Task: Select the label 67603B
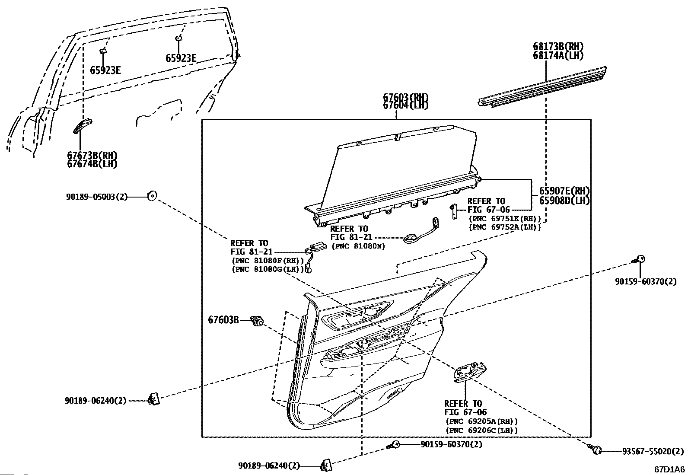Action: pos(223,320)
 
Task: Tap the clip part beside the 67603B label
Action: pos(258,321)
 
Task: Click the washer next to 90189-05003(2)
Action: pos(152,196)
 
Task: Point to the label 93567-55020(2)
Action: pos(653,451)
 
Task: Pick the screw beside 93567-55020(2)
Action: pos(595,449)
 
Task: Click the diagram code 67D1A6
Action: pos(669,469)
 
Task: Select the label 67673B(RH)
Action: pos(92,155)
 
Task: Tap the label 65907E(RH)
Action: pos(564,191)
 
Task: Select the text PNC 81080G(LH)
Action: pos(268,269)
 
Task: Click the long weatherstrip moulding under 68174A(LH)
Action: pos(542,87)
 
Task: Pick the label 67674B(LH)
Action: pos(92,164)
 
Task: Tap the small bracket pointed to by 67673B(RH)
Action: pos(83,126)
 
